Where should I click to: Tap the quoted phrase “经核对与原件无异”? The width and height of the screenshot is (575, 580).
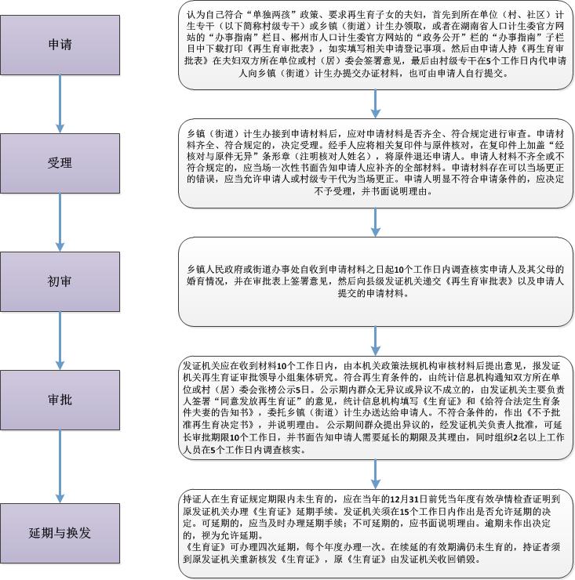pos(538,146)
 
